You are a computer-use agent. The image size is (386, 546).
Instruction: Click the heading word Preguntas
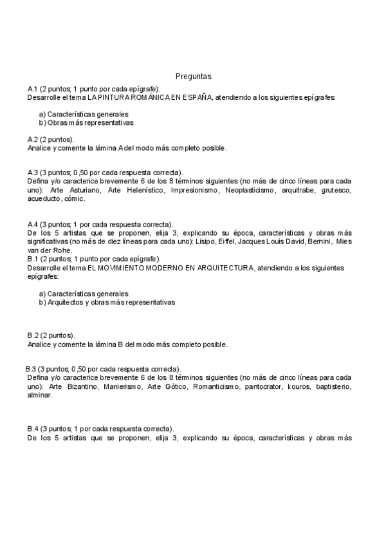[193, 76]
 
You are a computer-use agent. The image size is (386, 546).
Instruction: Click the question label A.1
[33, 89]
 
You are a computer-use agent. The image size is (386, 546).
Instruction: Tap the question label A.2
[33, 139]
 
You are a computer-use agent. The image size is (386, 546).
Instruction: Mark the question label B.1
[33, 258]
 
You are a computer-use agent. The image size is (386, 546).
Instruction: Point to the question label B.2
[33, 335]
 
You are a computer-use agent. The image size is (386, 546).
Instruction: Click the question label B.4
[33, 428]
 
